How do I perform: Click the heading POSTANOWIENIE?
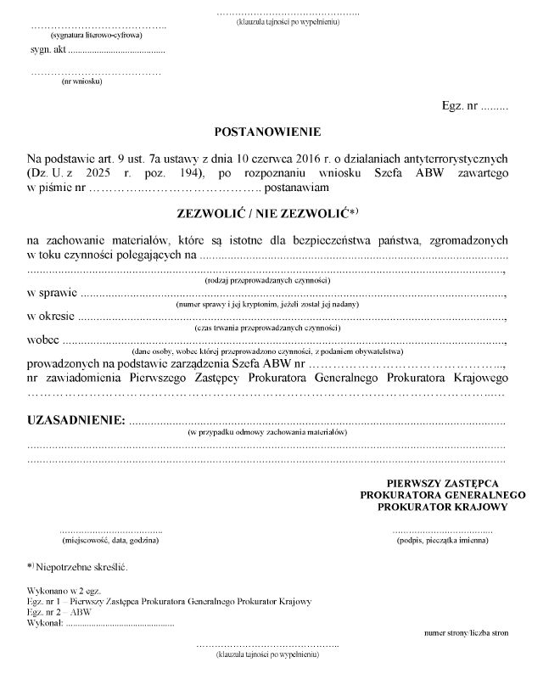pos(267,132)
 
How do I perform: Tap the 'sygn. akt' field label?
pos(48,51)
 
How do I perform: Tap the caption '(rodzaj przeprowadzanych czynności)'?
pos(267,280)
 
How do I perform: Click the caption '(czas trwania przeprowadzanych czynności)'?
pos(266,327)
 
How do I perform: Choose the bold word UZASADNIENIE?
pos(76,420)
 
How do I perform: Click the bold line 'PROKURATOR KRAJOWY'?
pos(443,507)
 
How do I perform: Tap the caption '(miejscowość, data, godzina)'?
pos(110,540)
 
